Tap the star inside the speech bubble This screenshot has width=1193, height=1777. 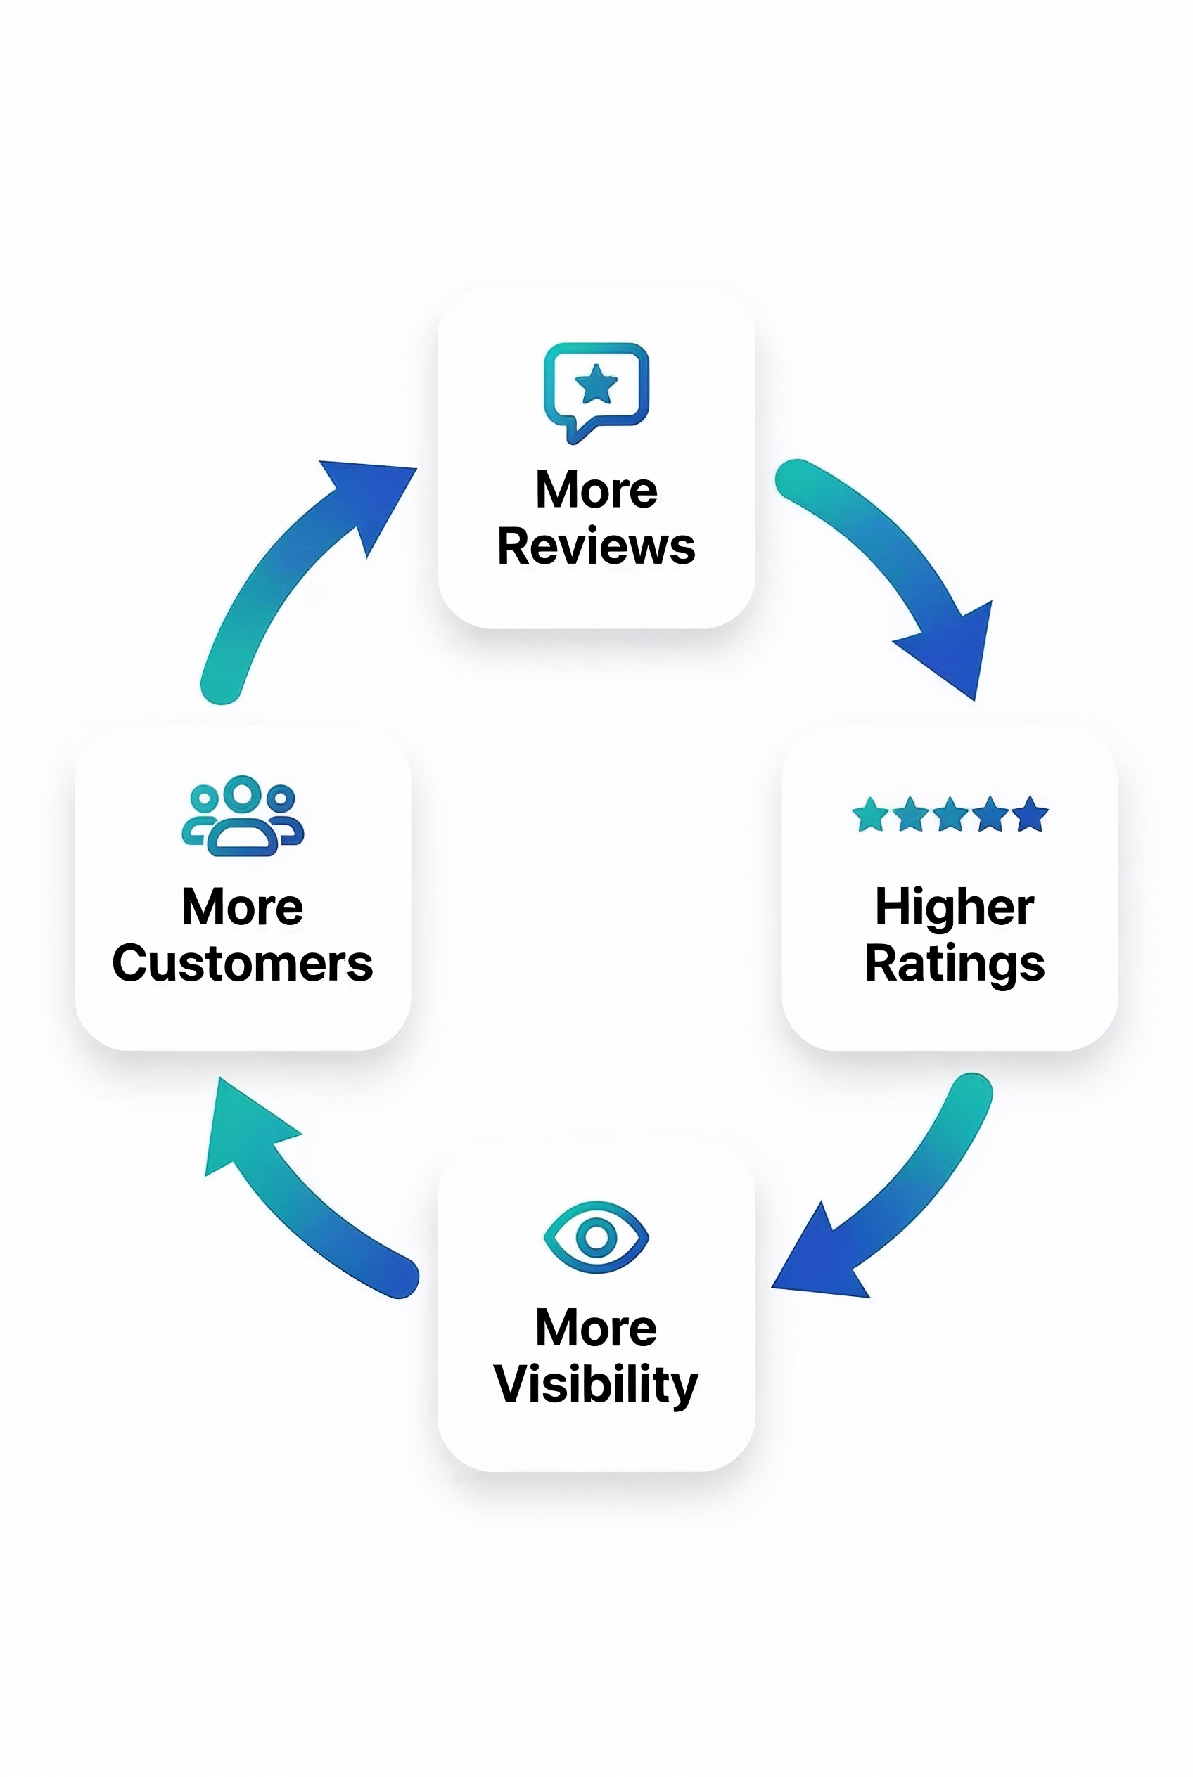click(596, 384)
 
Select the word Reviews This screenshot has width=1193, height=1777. click(596, 547)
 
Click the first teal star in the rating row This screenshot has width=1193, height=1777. click(870, 815)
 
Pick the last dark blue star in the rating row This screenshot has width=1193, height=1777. click(1031, 815)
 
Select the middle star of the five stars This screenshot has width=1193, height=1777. click(950, 815)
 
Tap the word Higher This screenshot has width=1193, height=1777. click(954, 907)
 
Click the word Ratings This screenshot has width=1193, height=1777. click(954, 964)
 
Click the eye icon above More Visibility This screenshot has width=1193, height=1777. click(596, 1237)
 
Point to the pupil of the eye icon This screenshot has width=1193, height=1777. click(596, 1237)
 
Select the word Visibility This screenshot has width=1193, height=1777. click(596, 1385)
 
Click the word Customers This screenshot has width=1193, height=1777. click(243, 964)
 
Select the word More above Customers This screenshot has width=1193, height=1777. click(243, 907)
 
